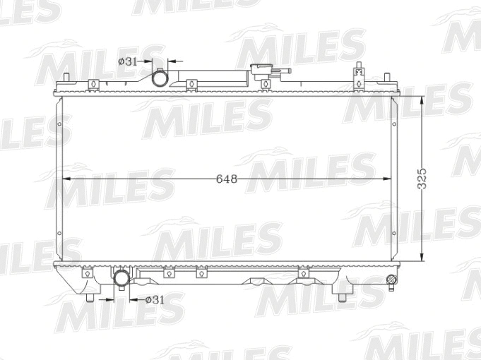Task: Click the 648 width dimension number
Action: (x=227, y=179)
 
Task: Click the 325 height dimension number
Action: (x=422, y=179)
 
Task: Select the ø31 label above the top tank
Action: (x=127, y=61)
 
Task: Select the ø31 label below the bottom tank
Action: (x=154, y=299)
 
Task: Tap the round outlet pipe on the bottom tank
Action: (x=122, y=279)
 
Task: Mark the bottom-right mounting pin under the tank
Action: (x=345, y=296)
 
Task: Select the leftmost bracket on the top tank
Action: (x=92, y=85)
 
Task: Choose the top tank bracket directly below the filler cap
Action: (x=266, y=85)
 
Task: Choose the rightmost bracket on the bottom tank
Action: (x=304, y=272)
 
